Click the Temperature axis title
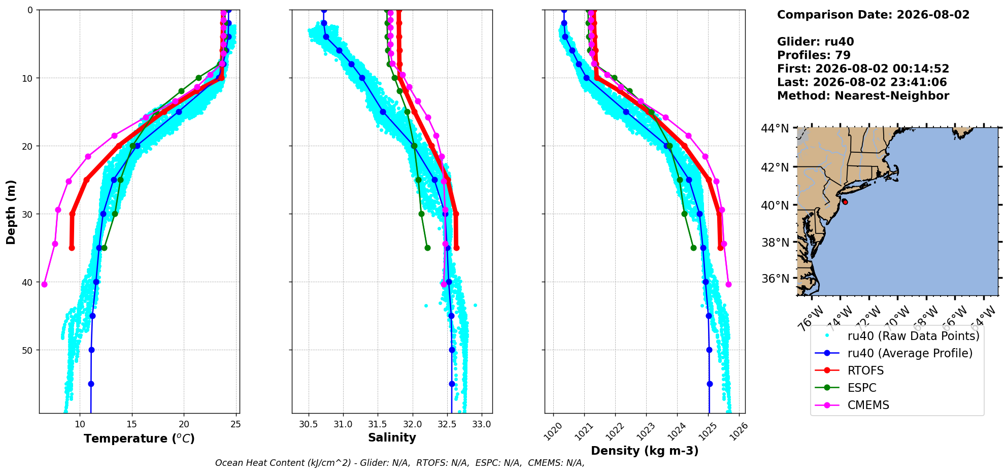[x=139, y=438]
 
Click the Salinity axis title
[x=392, y=438]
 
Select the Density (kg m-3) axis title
[x=645, y=451]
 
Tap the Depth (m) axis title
[x=11, y=212]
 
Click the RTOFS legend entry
[x=865, y=370]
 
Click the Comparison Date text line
[x=873, y=15]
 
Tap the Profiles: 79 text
[x=814, y=55]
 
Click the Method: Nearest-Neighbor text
[x=863, y=96]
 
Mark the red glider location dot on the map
[x=845, y=201]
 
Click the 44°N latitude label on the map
[x=775, y=128]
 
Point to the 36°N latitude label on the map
[x=775, y=279]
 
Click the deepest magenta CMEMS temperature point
[x=44, y=284]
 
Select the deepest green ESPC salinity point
[x=427, y=248]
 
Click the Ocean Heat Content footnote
[x=400, y=463]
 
